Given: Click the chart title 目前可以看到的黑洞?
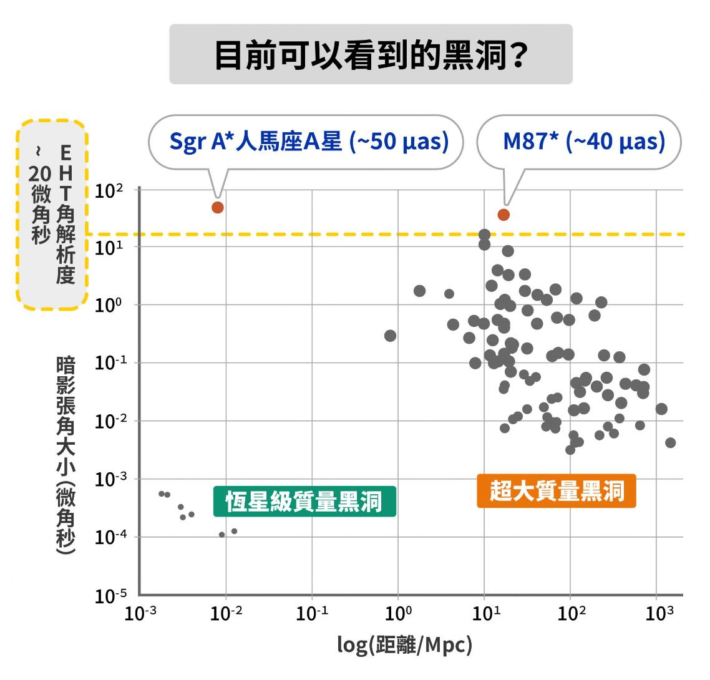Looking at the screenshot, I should [371, 55].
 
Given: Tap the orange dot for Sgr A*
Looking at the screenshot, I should [217, 208].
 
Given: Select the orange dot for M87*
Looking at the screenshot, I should [503, 215].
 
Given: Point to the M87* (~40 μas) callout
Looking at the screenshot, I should [583, 142].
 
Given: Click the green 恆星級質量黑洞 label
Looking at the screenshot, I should [304, 502].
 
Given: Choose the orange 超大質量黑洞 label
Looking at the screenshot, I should [557, 491].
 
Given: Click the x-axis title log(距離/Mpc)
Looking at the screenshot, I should [404, 644].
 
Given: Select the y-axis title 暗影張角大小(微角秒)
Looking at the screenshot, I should [65, 455].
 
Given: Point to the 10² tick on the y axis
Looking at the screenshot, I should [109, 191].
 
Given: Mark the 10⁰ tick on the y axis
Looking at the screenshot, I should [109, 306].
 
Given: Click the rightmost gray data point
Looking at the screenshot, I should [671, 443].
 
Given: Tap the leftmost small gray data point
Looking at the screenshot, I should [162, 493].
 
